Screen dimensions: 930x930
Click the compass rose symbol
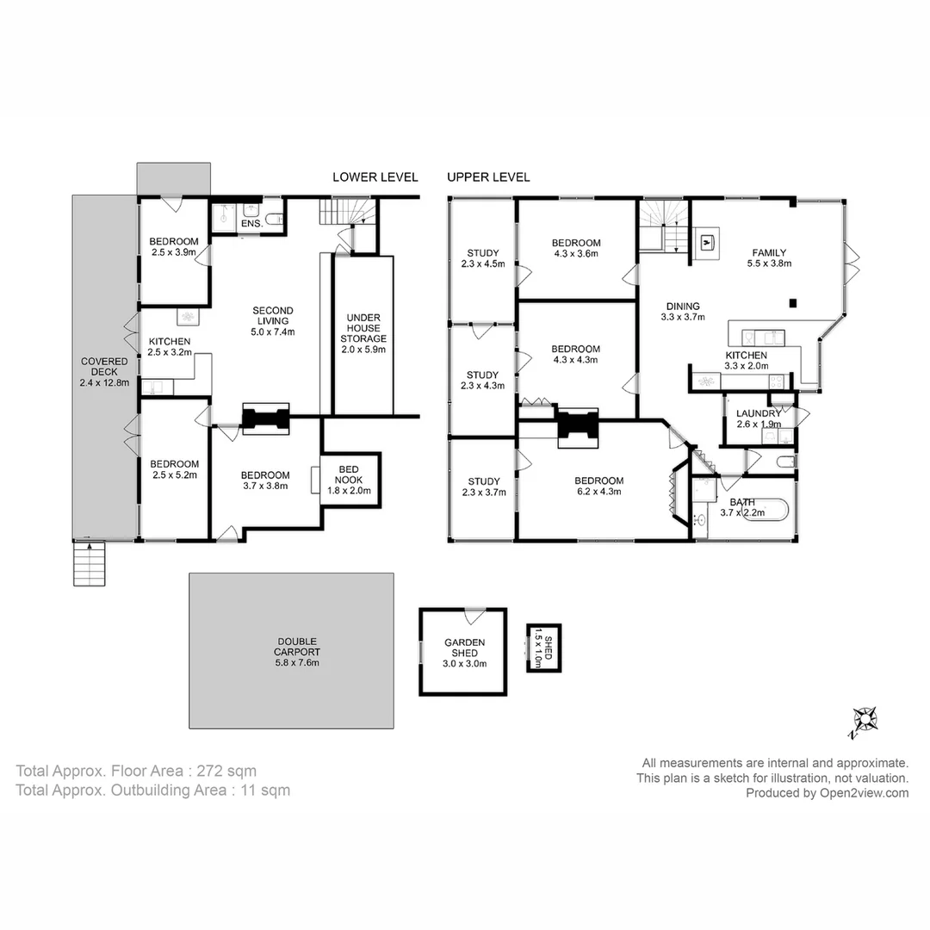pyautogui.click(x=864, y=720)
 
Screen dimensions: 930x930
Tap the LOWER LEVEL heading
pyautogui.click(x=375, y=177)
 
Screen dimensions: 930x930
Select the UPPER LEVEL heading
pyautogui.click(x=488, y=177)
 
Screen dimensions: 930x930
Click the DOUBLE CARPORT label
pyautogui.click(x=297, y=652)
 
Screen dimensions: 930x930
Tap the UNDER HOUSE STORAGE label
pyautogui.click(x=363, y=333)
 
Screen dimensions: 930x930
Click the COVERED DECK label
pyautogui.click(x=104, y=372)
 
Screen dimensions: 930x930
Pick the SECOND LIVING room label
pyautogui.click(x=272, y=321)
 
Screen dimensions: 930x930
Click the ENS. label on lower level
pyautogui.click(x=251, y=224)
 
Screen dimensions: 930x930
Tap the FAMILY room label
pyautogui.click(x=767, y=258)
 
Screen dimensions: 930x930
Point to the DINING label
pyautogui.click(x=682, y=311)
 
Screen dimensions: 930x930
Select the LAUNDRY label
pyautogui.click(x=759, y=418)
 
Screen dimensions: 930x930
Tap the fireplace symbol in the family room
pyautogui.click(x=707, y=242)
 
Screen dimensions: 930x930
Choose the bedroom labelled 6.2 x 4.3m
pyautogui.click(x=599, y=487)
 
